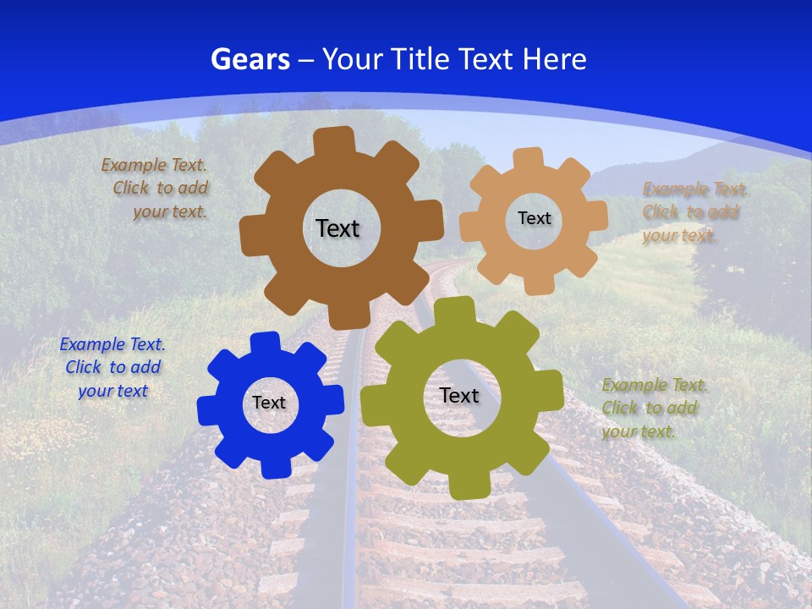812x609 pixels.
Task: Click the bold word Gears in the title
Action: (x=250, y=59)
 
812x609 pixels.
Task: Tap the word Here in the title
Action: (x=555, y=59)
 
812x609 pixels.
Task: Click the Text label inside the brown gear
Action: (x=337, y=228)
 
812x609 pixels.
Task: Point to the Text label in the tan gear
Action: (x=534, y=218)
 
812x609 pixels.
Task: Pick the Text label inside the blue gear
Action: (x=269, y=403)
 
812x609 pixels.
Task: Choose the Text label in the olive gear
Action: (x=459, y=396)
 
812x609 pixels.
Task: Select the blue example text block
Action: (x=112, y=368)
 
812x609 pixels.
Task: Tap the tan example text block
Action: (x=694, y=212)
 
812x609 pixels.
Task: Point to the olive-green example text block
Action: (x=653, y=408)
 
